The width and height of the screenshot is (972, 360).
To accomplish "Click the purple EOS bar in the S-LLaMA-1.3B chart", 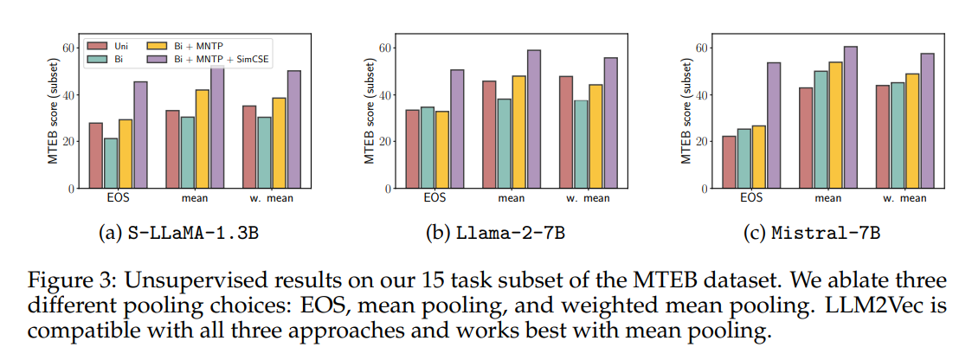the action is [141, 134].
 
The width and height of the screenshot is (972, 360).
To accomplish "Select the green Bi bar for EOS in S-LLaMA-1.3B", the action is [111, 163].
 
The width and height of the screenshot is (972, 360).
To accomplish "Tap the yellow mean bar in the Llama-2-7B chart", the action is [518, 132].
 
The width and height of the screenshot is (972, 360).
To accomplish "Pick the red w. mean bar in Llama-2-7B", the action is [565, 132].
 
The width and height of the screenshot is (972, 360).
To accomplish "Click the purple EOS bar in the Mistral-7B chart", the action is [775, 125].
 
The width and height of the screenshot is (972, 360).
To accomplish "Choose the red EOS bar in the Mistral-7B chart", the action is [730, 162].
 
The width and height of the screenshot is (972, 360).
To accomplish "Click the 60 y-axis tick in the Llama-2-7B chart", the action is [389, 48].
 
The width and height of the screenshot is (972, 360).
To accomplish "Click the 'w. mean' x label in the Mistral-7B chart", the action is [904, 198].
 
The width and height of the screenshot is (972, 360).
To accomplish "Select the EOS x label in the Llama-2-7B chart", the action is [435, 198].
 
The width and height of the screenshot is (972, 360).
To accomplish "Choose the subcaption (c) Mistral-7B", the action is [812, 235].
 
